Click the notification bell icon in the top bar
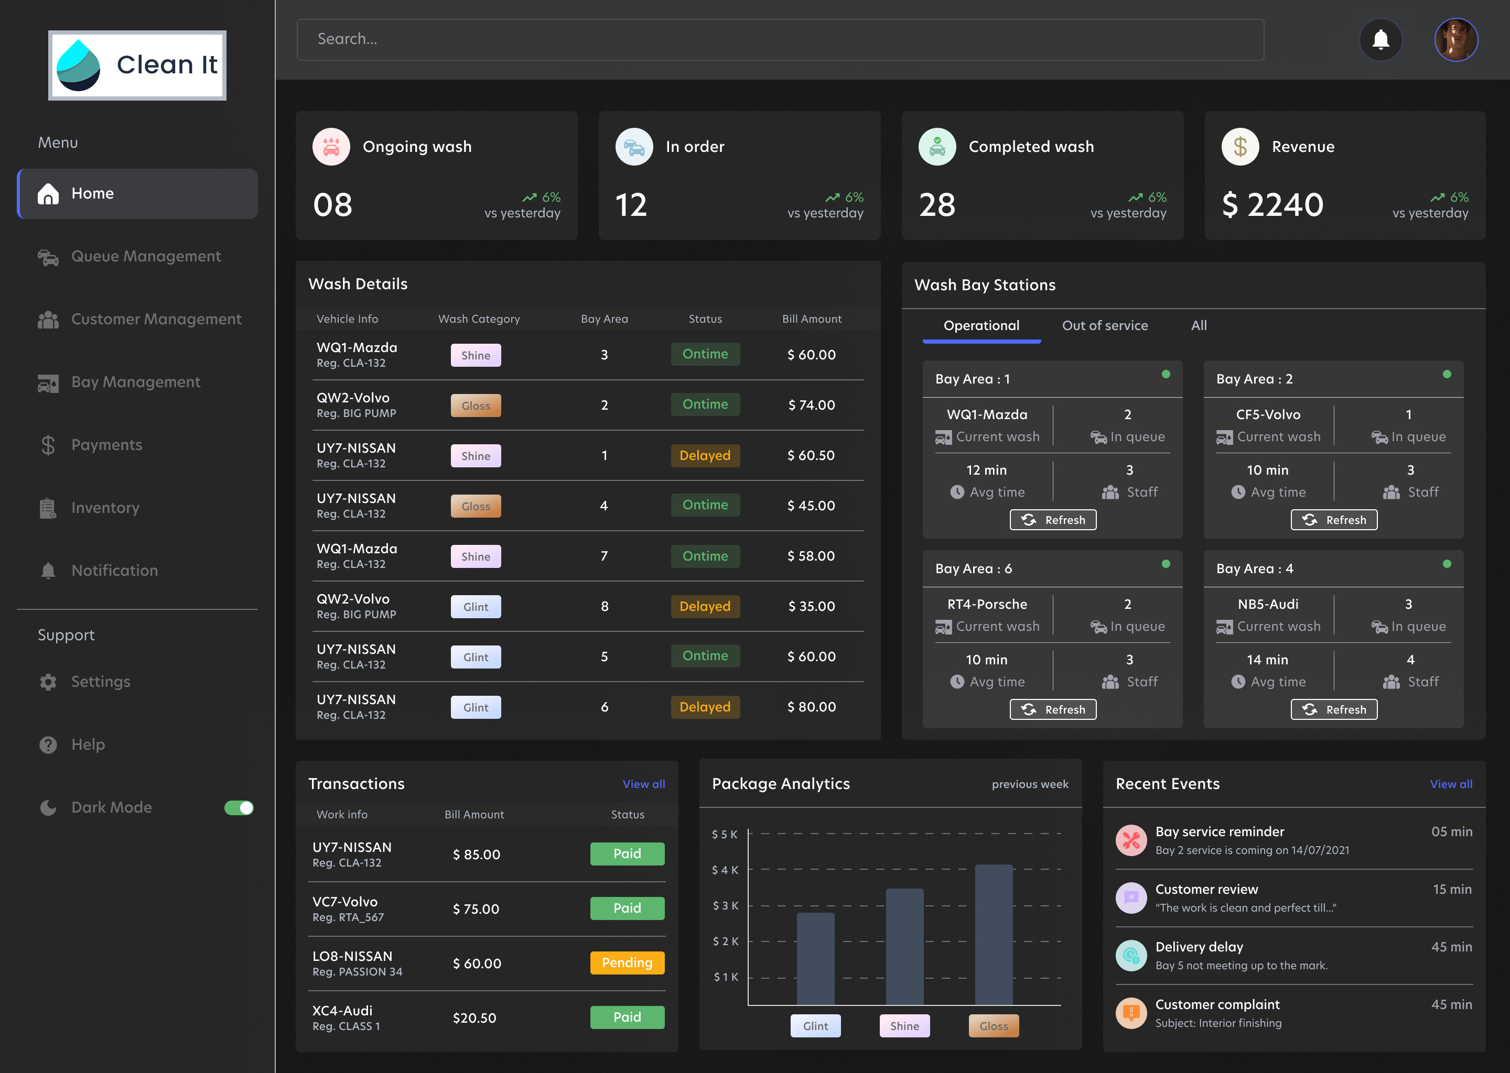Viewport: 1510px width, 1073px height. [1380, 40]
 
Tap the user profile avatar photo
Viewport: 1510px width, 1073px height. [1456, 40]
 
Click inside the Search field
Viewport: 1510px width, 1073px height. [780, 40]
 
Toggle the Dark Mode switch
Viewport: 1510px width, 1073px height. [239, 807]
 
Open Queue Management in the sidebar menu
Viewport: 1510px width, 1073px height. [145, 256]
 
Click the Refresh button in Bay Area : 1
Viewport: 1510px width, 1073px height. [1052, 520]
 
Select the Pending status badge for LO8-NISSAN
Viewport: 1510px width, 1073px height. [627, 962]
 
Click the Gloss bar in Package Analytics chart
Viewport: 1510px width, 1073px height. [993, 935]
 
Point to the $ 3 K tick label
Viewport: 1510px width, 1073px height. [725, 905]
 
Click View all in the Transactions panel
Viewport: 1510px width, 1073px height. [643, 784]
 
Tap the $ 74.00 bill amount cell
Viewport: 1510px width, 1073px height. [811, 405]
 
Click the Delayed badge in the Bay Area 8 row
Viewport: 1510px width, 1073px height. [705, 607]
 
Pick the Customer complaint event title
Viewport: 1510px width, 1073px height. [1217, 1004]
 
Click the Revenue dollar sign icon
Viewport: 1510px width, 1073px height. [1239, 147]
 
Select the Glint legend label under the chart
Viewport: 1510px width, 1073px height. [815, 1026]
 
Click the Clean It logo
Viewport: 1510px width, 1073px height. [137, 65]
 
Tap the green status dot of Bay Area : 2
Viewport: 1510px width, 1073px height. [1447, 374]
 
